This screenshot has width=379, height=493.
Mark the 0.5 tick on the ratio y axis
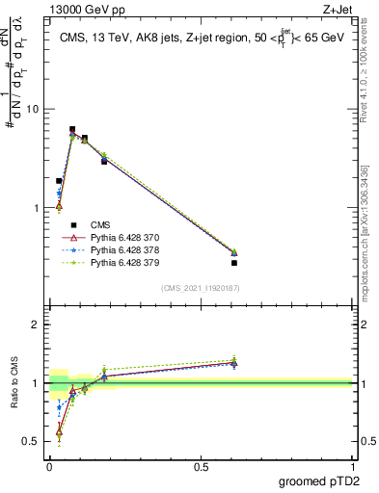tap(34, 441)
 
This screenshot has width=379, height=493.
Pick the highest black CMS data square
tap(72, 129)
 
